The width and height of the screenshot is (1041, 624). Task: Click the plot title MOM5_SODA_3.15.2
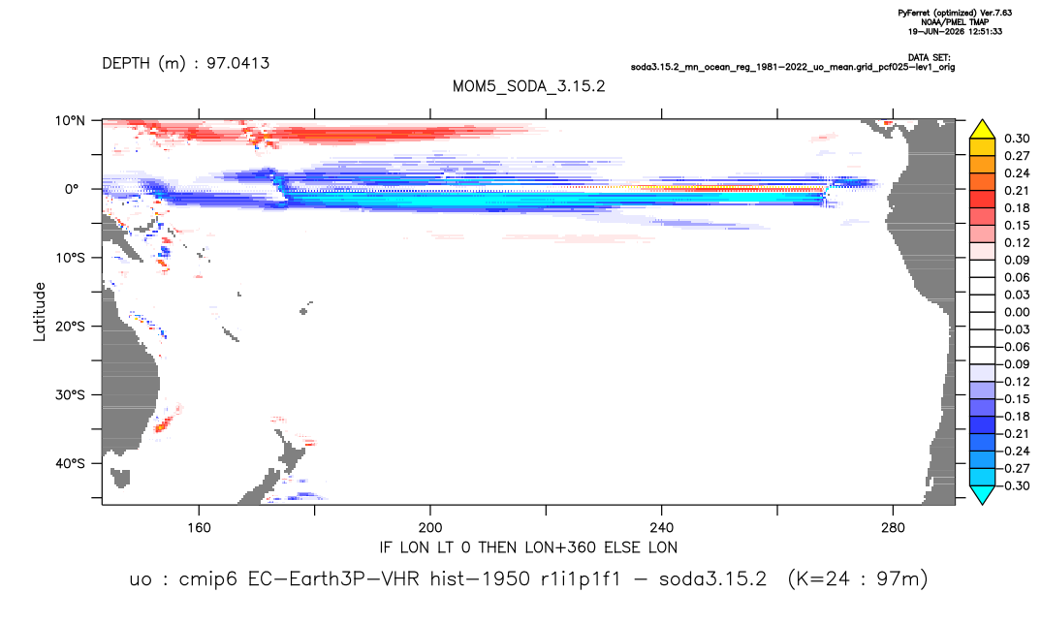click(528, 86)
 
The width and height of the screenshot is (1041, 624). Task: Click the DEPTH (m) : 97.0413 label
click(186, 63)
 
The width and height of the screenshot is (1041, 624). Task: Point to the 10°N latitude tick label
click(70, 121)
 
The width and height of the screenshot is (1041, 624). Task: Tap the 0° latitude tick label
click(72, 189)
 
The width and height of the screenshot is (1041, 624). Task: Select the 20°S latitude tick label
click(70, 327)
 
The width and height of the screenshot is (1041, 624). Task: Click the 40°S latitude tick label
click(70, 463)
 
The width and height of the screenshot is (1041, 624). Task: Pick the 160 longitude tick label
click(199, 528)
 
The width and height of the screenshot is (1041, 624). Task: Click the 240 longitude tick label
click(661, 528)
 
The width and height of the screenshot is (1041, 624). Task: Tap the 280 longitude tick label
click(893, 528)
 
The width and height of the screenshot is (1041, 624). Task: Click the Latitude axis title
click(40, 312)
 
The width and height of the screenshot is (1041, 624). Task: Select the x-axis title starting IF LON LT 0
click(528, 547)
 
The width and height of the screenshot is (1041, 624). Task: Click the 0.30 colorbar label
click(1017, 139)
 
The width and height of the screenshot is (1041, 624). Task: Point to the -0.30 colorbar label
click(1014, 485)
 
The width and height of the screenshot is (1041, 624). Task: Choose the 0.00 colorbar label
click(1017, 312)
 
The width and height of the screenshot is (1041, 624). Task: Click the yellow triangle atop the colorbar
click(982, 130)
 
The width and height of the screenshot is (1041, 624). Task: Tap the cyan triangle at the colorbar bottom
click(982, 494)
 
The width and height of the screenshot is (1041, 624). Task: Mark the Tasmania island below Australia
click(120, 478)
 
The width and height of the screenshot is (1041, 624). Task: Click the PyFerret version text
click(955, 14)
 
